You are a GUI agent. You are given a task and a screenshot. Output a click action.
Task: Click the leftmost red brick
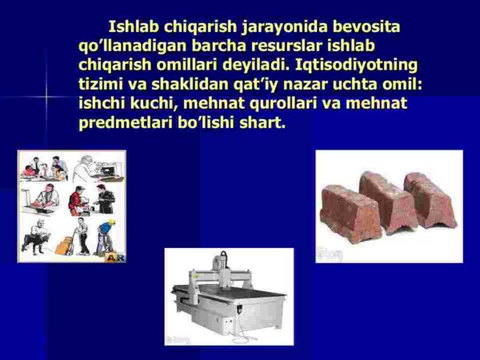pos(350,213)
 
